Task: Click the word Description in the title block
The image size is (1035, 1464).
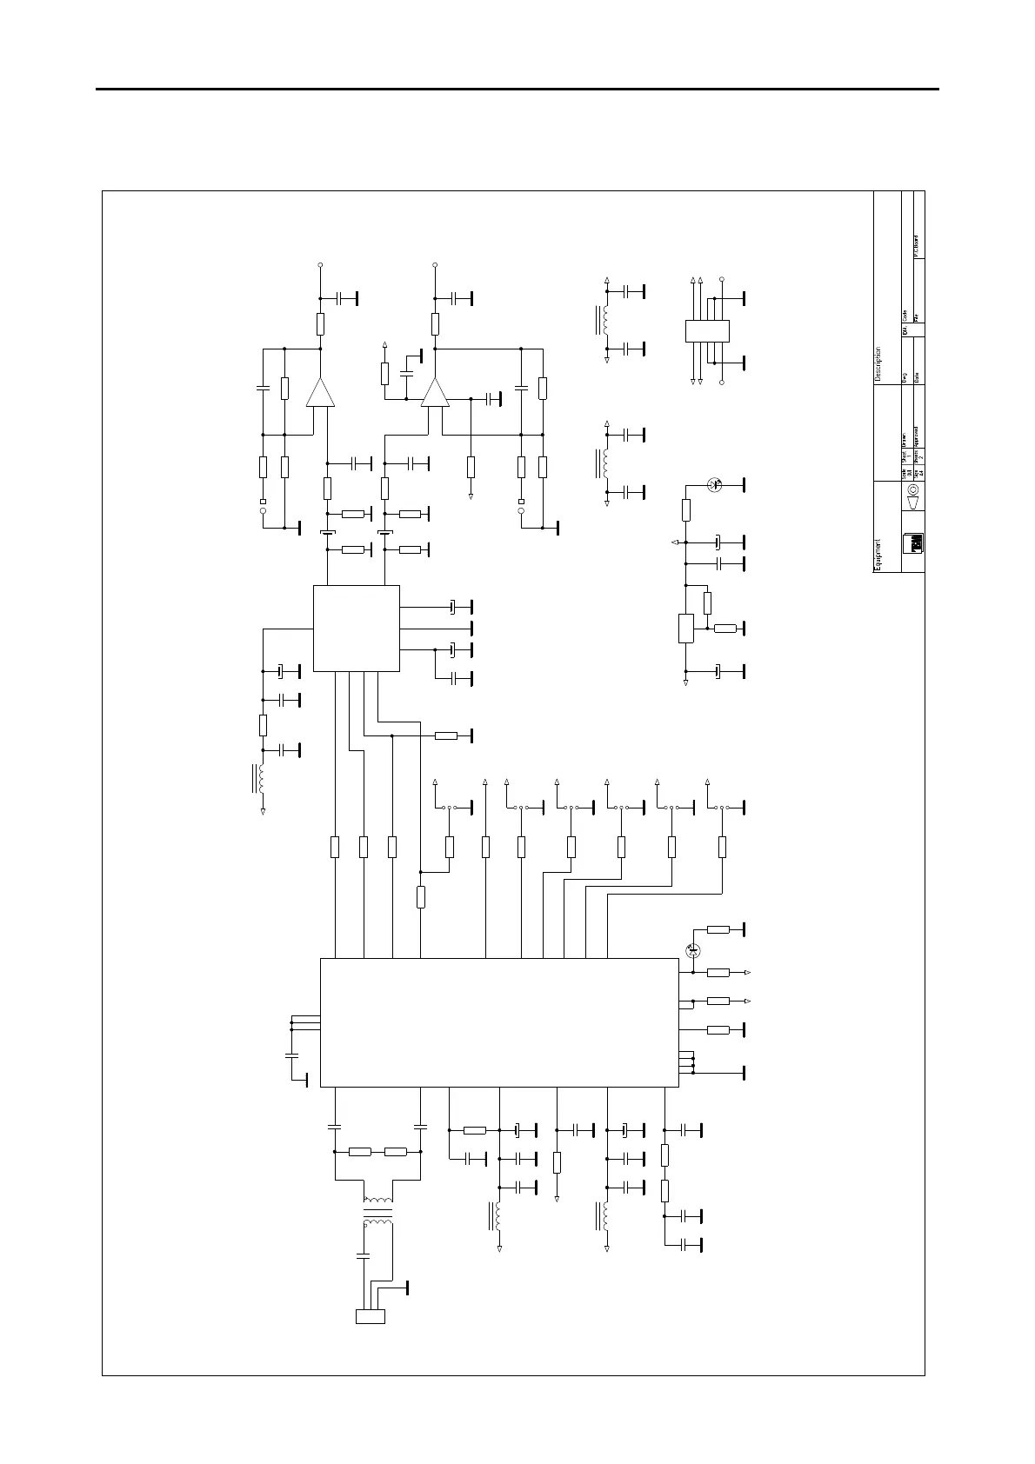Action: (878, 364)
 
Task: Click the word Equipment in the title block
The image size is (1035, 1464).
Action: (878, 554)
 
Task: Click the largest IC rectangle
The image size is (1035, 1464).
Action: (499, 1022)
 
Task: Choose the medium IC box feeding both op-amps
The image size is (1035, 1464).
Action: (356, 628)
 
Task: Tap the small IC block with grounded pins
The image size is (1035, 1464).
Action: (707, 331)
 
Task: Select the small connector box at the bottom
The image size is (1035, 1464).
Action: (371, 1316)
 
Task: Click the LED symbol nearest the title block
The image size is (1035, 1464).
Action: (715, 484)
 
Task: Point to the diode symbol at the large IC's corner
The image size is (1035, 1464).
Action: (693, 950)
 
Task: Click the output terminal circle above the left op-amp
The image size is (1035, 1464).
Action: (320, 264)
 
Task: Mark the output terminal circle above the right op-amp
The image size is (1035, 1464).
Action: (435, 264)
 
